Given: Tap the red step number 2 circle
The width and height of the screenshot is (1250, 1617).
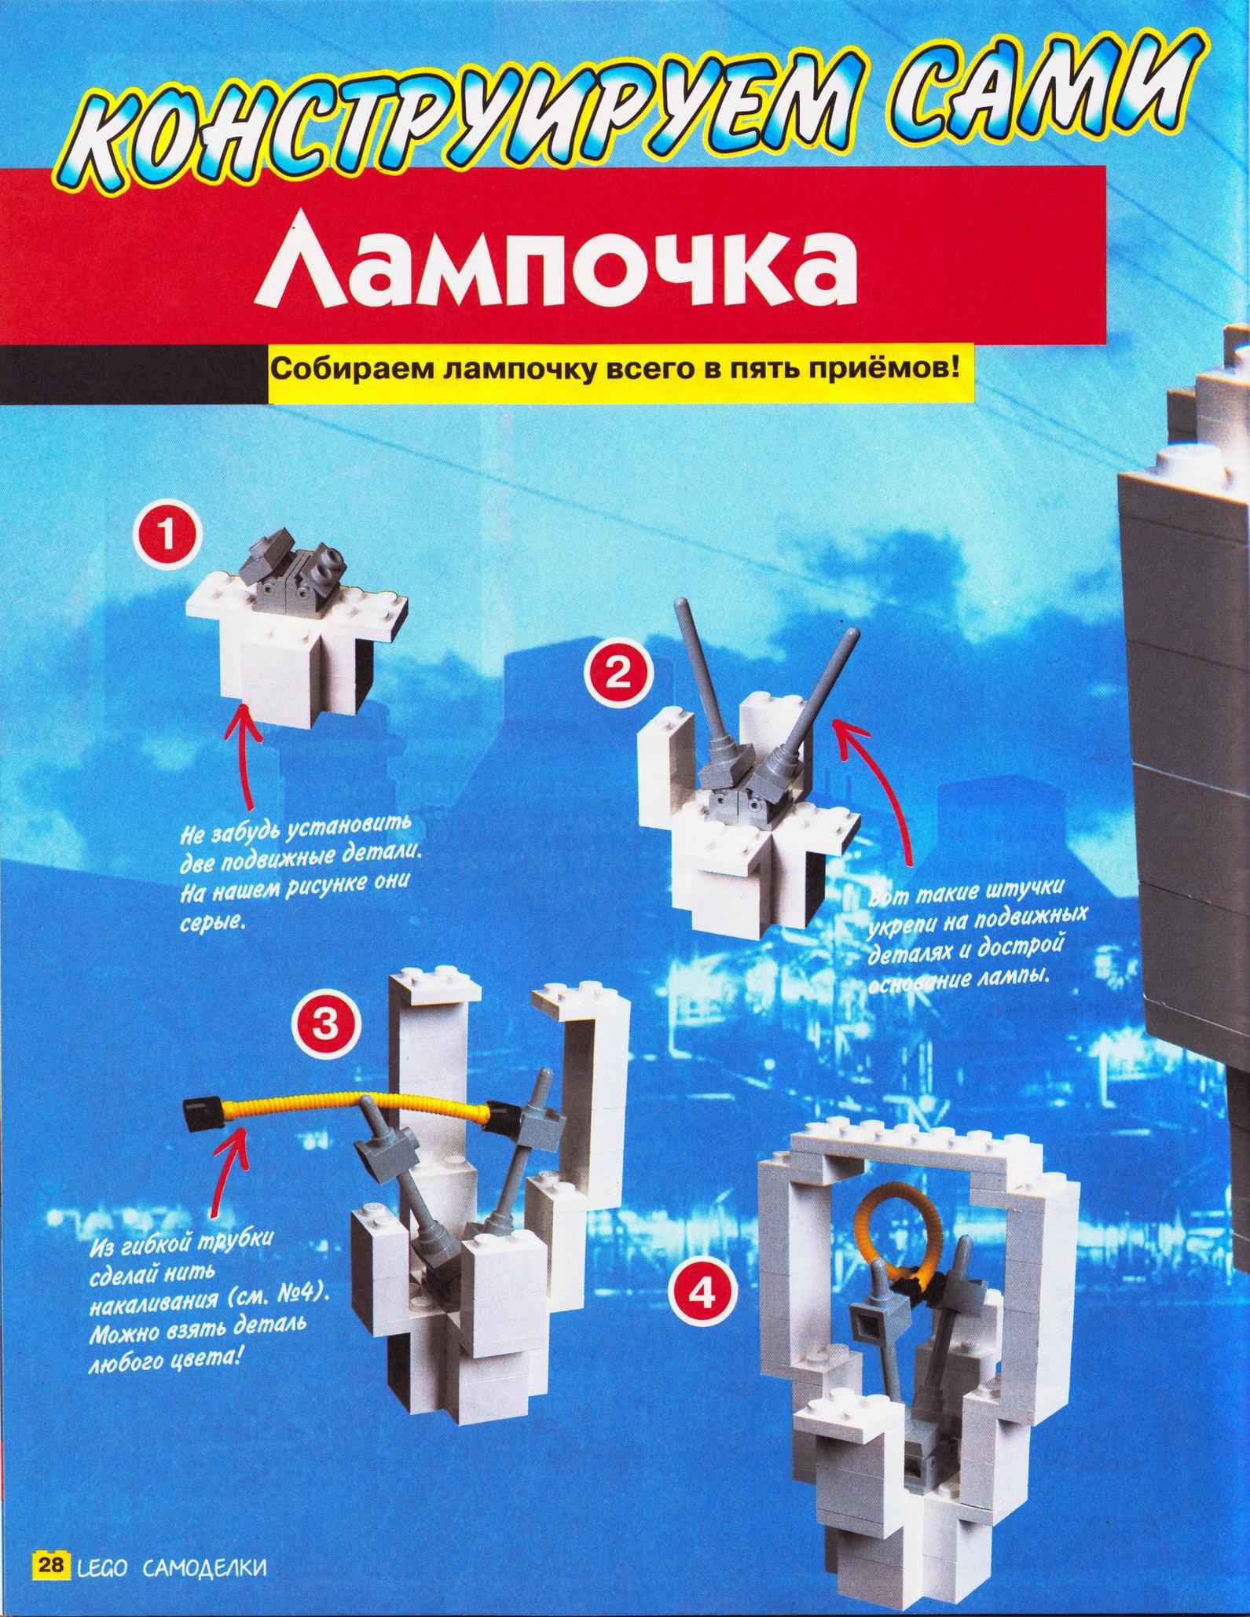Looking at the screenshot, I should tap(619, 674).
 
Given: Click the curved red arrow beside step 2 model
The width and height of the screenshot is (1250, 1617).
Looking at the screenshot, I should tap(884, 794).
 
